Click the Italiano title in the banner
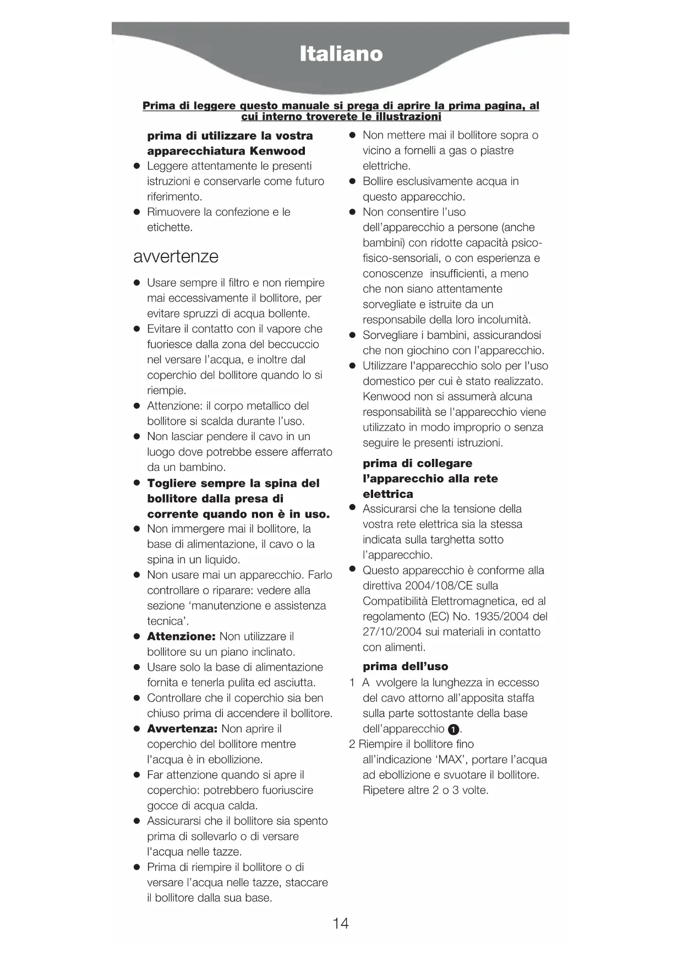point(341,54)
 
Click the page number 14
point(341,923)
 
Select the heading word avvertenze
point(176,256)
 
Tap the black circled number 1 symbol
point(453,730)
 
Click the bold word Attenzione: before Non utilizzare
point(181,637)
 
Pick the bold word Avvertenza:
point(182,729)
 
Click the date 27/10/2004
point(392,632)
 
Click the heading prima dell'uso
point(406,667)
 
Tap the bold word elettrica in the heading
point(388,494)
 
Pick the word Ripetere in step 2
point(384,791)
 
